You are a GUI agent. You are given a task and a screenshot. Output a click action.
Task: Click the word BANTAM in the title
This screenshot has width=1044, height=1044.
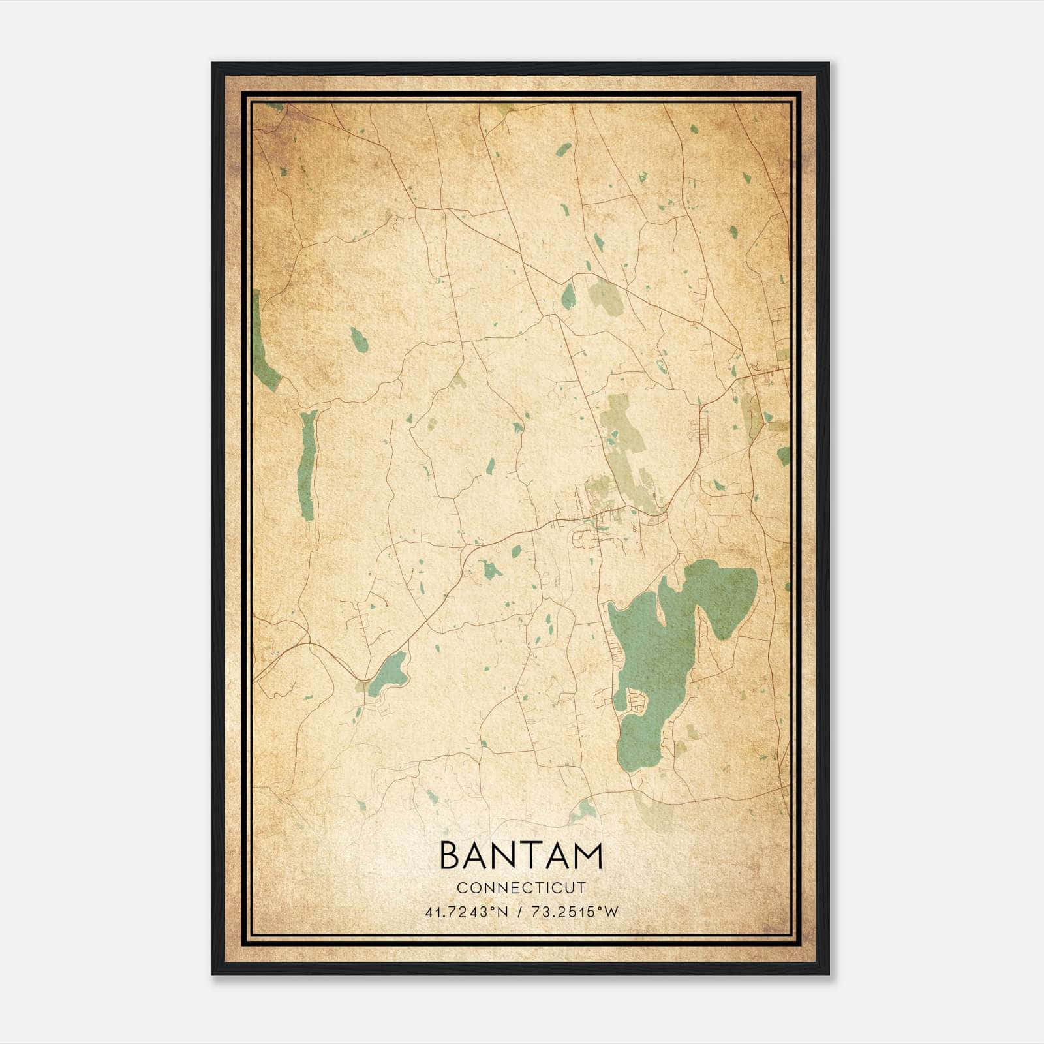[x=521, y=856]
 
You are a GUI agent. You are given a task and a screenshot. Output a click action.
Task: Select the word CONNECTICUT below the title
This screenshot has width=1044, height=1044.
[x=521, y=888]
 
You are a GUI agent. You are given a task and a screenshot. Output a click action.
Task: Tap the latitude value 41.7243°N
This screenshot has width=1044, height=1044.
[x=467, y=912]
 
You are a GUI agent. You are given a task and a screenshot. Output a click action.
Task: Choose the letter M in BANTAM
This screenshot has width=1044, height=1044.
[x=587, y=856]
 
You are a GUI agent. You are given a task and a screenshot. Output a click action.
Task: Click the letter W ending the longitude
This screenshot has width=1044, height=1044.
[x=611, y=912]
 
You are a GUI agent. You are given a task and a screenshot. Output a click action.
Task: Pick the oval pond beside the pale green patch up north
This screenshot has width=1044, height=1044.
[x=568, y=297]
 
